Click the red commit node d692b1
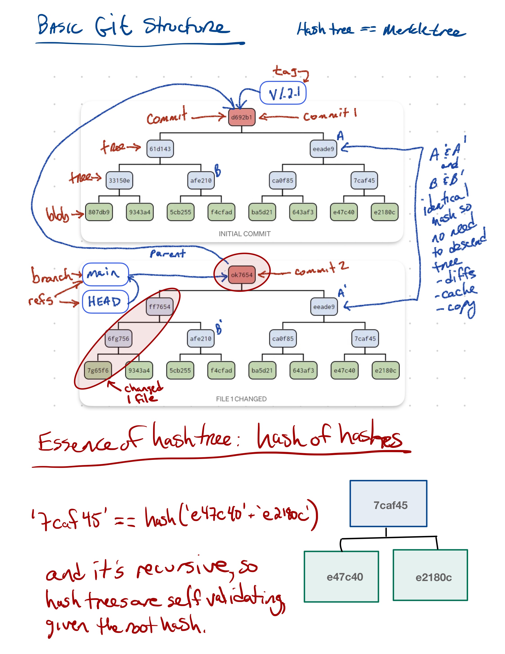[241, 117]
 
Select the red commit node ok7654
[241, 275]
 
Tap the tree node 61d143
[160, 149]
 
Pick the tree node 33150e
[119, 180]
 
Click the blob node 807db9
[99, 212]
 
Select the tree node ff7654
[160, 307]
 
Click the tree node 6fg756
[118, 338]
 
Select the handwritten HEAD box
[105, 302]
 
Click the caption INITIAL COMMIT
[244, 234]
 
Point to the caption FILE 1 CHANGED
[241, 399]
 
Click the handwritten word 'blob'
[57, 214]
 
